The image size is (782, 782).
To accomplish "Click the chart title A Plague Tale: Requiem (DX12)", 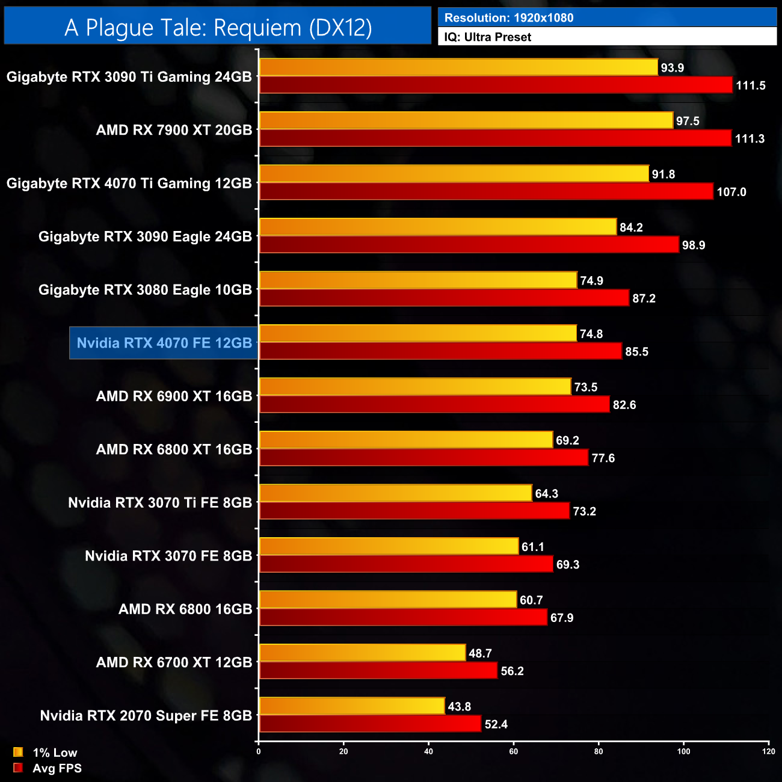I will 218,28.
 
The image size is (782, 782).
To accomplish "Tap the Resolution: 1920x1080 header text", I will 508,18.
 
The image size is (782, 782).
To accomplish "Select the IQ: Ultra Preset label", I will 487,37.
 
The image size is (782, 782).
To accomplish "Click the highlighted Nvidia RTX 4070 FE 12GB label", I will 164,343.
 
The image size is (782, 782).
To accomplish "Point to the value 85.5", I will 636,352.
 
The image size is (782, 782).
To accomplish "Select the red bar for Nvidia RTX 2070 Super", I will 370,724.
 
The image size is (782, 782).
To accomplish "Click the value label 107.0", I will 731,192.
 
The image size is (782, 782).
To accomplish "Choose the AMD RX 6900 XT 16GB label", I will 174,396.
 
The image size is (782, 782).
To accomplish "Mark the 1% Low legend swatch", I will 18,752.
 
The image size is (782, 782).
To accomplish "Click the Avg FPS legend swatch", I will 18,768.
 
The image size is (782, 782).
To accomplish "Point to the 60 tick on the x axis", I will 514,751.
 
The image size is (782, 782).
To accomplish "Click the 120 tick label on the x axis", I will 768,751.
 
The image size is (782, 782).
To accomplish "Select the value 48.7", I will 480,653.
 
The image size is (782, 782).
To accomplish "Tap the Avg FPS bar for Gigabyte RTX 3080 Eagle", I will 444,298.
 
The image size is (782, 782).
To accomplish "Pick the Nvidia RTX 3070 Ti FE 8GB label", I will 159,503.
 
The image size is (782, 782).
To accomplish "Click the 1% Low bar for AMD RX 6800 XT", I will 406,440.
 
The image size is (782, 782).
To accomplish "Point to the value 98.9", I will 694,245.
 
